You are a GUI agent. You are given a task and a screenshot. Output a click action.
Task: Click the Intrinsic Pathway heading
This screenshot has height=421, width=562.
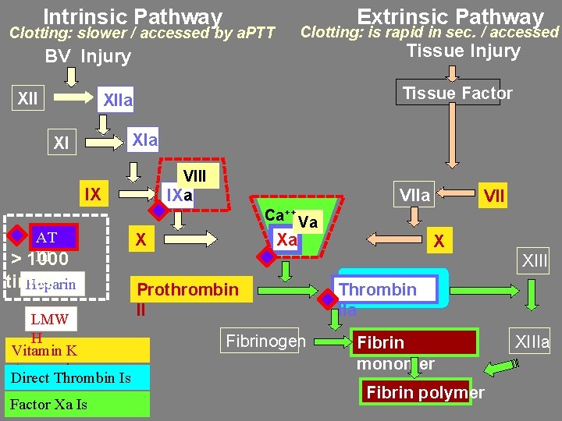(133, 16)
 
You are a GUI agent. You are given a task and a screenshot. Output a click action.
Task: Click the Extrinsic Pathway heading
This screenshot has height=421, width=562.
(450, 16)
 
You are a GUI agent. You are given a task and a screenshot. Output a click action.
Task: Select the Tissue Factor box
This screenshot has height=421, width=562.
(457, 94)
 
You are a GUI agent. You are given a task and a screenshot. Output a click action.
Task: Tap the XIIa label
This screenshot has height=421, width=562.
(119, 101)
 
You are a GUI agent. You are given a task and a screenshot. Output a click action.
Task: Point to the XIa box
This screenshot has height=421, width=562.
(144, 140)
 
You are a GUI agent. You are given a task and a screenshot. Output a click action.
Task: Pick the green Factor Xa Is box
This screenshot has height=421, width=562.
(76, 404)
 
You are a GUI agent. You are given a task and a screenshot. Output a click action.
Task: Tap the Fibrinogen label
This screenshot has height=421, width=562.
(265, 341)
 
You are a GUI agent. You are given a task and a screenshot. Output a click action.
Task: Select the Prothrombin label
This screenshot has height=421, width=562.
(187, 290)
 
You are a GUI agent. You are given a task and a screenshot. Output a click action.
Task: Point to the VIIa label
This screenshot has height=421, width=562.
(414, 195)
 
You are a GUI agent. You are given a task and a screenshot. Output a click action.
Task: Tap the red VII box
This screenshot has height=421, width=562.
(493, 195)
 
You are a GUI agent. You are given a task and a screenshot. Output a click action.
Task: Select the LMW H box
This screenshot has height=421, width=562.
(49, 320)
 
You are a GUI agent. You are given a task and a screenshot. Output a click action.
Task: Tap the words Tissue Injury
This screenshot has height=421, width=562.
(463, 51)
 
